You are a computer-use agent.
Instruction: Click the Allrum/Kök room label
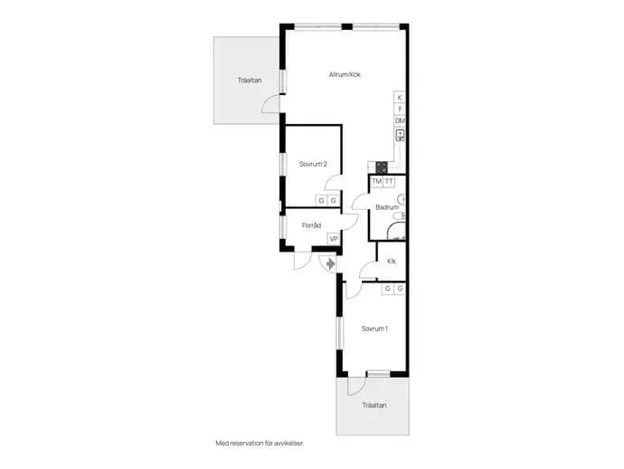point(345,74)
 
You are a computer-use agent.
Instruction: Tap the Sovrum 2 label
point(313,164)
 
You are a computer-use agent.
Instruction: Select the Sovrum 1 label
point(374,329)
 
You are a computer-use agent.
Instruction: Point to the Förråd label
point(311,225)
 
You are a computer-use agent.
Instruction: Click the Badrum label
point(387,207)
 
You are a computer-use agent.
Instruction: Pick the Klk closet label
point(392,262)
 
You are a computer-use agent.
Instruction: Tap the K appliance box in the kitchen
point(400,97)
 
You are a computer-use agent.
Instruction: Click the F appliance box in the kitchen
point(400,109)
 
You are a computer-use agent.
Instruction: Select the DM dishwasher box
point(400,120)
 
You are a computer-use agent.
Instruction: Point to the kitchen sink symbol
point(400,135)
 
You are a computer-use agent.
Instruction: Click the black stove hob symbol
point(382,167)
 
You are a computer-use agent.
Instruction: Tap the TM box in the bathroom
point(376,182)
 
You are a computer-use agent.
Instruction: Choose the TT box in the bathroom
point(388,182)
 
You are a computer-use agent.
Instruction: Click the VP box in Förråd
point(334,239)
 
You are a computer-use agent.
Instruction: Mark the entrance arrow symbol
point(330,263)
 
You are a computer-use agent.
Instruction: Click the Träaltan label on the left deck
point(250,80)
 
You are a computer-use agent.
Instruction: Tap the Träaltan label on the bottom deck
point(374,406)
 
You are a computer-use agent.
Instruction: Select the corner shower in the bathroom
point(396,231)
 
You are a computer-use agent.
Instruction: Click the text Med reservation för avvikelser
point(260,443)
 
